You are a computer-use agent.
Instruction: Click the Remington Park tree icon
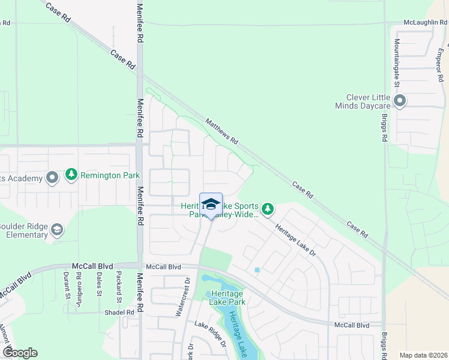[71, 175]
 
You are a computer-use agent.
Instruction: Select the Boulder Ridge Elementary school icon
[57, 229]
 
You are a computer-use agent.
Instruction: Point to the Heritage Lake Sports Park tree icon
[268, 209]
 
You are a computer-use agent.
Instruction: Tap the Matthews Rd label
[222, 131]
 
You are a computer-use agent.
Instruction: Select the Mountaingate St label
[397, 60]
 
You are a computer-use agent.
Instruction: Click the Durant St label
[66, 285]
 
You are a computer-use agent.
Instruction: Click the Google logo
[20, 353]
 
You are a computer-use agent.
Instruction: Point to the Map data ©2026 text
[423, 355]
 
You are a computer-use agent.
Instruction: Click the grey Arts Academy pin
[52, 177]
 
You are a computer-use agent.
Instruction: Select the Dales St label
[99, 284]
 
